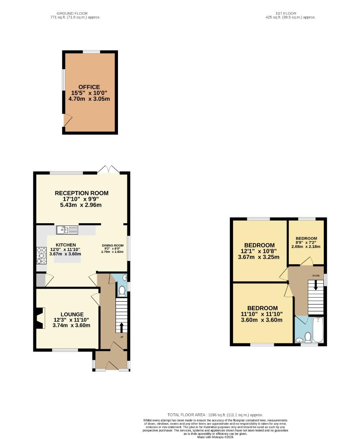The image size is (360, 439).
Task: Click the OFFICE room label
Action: (89, 87)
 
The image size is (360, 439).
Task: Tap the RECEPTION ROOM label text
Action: (82, 193)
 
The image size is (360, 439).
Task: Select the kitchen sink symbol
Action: (67, 230)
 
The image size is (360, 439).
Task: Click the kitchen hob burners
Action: (41, 255)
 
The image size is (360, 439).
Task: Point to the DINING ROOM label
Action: (112, 246)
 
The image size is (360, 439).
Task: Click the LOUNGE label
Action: (72, 314)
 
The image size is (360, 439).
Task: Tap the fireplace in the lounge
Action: (39, 318)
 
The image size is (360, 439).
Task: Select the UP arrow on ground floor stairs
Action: (121, 327)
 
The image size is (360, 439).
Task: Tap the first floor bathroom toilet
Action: (308, 337)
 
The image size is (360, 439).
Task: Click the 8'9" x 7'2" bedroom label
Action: (306, 238)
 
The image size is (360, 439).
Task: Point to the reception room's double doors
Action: (108, 170)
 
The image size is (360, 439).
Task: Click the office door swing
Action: (68, 120)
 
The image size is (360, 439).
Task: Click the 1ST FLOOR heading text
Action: (286, 13)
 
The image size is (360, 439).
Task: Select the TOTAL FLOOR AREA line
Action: (215, 414)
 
